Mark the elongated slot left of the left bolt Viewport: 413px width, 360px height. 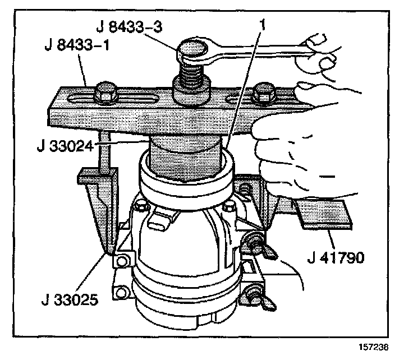77,99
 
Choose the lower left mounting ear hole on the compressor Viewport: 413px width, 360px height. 120,293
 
